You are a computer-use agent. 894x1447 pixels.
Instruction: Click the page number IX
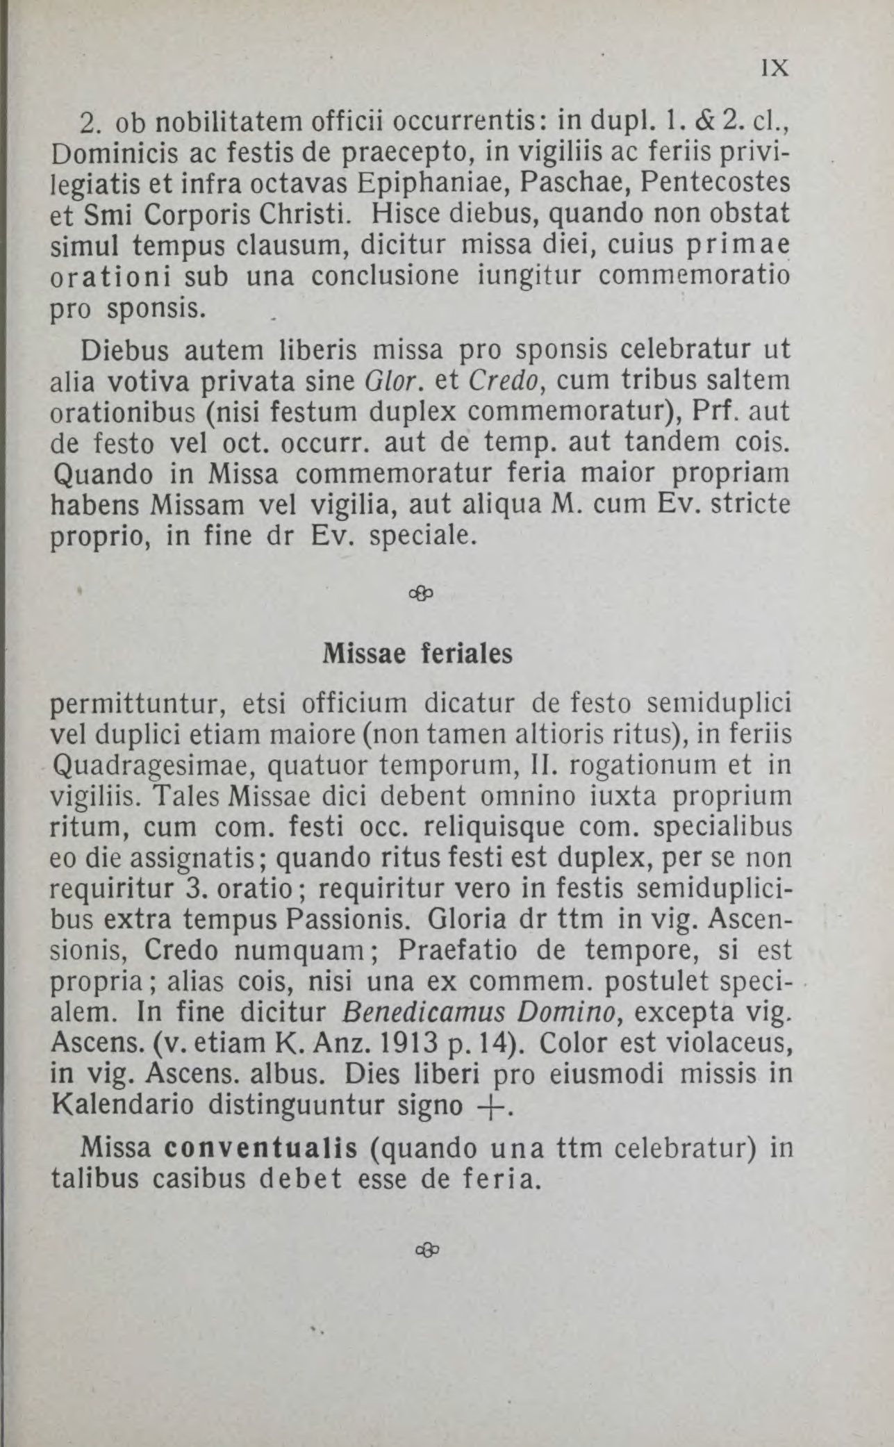point(775,69)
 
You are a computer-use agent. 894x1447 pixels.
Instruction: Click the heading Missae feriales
point(417,654)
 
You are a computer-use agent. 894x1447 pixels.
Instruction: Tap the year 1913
point(393,1043)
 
